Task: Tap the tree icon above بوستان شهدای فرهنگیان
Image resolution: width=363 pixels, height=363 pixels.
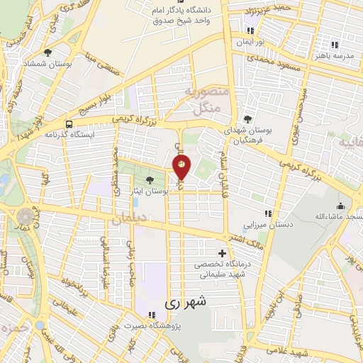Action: (x=247, y=119)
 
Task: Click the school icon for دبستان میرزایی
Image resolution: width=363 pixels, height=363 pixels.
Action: (x=267, y=213)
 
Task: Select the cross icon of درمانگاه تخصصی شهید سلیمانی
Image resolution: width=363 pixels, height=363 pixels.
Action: (x=223, y=253)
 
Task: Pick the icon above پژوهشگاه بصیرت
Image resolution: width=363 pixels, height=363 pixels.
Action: (x=150, y=315)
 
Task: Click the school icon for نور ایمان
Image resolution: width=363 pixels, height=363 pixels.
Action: (x=250, y=30)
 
